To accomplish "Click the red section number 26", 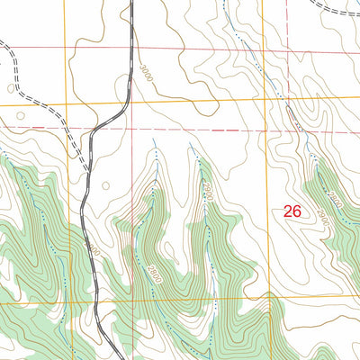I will [x=292, y=212].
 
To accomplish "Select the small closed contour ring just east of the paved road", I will [x=105, y=186].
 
